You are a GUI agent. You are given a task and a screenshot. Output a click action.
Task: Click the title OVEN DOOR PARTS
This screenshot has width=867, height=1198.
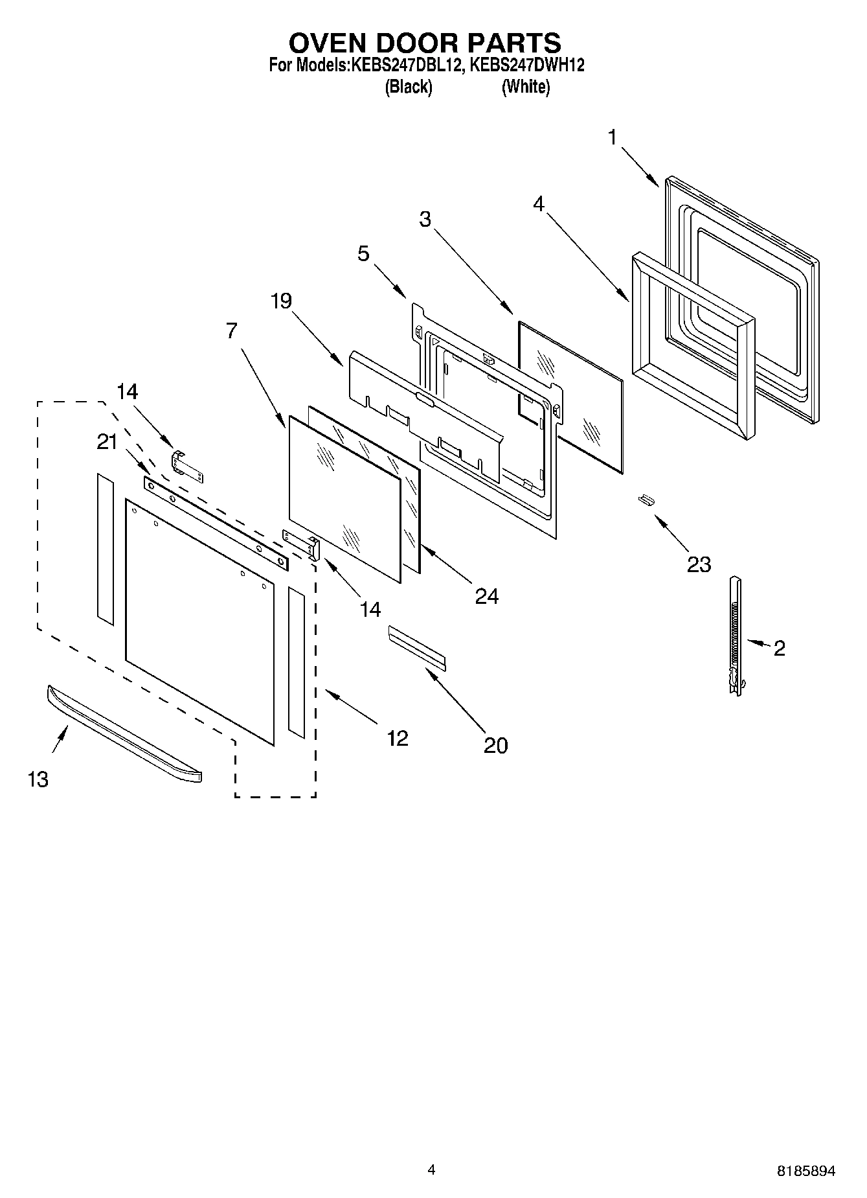coord(424,43)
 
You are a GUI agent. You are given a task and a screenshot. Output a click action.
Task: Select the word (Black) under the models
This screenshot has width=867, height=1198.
coord(408,86)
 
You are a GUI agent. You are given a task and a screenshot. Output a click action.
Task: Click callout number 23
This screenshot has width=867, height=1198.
coord(699,564)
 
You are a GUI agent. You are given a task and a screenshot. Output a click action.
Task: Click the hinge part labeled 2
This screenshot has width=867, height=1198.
coord(735,635)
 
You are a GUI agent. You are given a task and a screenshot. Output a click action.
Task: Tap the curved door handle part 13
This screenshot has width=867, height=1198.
coord(123,735)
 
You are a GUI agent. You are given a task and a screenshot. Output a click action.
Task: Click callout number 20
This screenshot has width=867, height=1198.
coord(495,745)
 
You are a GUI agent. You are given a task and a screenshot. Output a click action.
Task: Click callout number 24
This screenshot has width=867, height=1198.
coord(486,596)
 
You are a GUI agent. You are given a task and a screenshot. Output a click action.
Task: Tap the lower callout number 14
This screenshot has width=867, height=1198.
coord(370,609)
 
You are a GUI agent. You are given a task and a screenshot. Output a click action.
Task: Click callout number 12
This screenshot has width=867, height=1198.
coord(398,737)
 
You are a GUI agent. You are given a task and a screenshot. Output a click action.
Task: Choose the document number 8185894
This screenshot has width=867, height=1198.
coord(805,1171)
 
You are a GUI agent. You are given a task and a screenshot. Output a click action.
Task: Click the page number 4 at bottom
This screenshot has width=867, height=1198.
coord(431,1169)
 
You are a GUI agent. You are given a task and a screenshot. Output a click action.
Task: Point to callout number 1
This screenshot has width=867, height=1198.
coord(612,137)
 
